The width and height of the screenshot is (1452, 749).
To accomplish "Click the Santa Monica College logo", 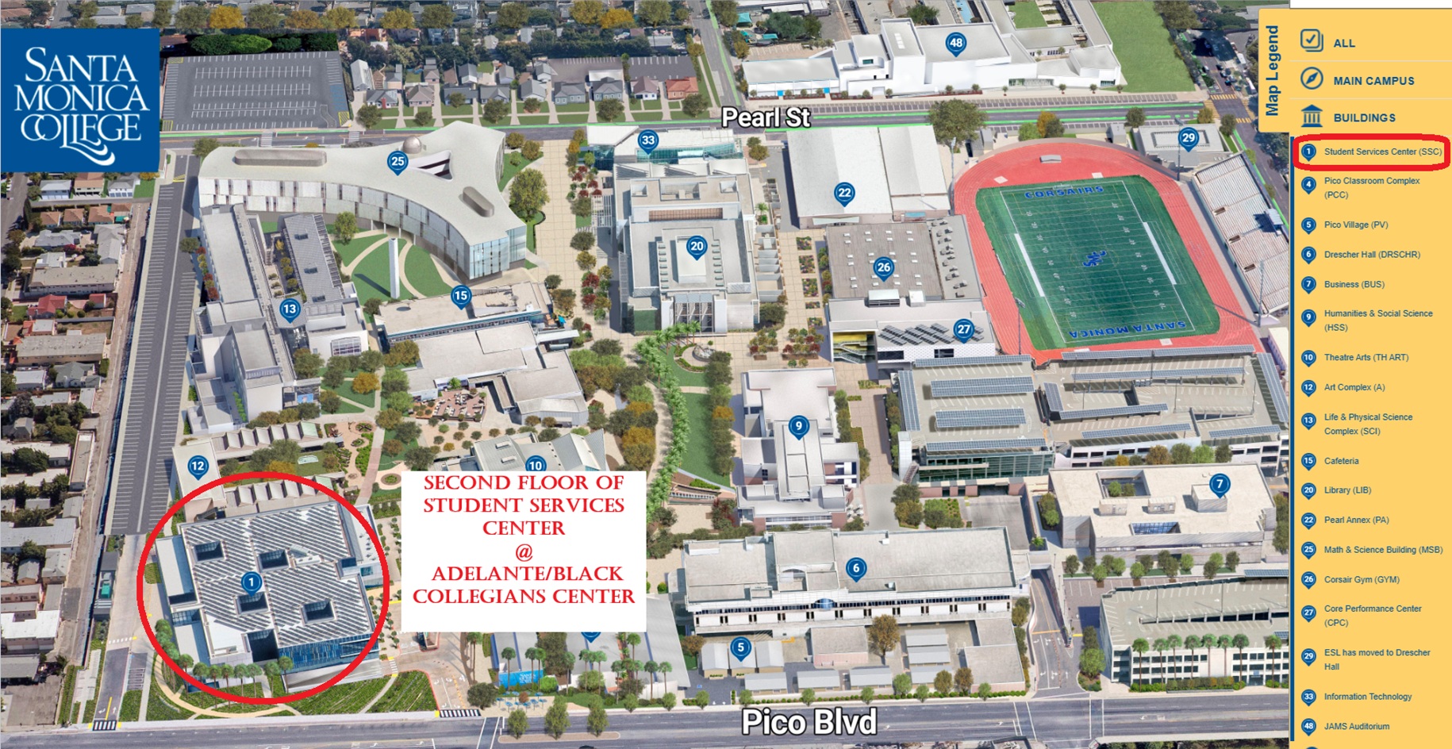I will (80, 100).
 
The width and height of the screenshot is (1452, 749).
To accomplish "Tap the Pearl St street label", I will (765, 117).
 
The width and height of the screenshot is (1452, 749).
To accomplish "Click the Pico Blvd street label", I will (809, 721).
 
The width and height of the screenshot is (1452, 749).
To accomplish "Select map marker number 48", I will (955, 43).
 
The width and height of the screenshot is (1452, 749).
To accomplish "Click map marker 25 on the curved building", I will (397, 162).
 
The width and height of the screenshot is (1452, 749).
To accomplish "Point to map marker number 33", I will (648, 140).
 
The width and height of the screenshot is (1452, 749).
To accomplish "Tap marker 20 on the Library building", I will (697, 247).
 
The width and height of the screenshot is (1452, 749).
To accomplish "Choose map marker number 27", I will (963, 329).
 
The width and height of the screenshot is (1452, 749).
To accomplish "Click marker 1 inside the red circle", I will (251, 583).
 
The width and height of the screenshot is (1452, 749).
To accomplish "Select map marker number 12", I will (198, 467).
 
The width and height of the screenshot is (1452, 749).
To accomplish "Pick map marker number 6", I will (855, 567).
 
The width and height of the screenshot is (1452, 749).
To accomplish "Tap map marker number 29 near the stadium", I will (1188, 138).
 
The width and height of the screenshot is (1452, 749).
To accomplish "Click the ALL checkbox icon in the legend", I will (1312, 40).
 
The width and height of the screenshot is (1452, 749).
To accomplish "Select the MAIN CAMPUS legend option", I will (1373, 80).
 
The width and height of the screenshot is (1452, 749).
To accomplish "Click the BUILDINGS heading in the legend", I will (1363, 117).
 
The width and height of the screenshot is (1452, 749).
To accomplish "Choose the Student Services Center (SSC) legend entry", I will (1381, 152).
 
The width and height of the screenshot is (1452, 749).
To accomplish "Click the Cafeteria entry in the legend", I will (1341, 461).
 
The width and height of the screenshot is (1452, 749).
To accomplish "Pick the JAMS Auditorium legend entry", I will (1356, 726).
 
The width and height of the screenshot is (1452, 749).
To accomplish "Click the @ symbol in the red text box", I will (524, 551).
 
